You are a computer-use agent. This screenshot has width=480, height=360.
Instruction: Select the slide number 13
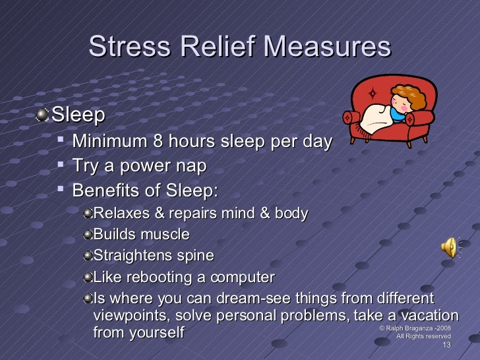[446, 345]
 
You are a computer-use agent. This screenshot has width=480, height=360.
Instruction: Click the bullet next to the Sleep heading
[44, 115]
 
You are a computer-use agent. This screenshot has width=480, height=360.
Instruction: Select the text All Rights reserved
[423, 336]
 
